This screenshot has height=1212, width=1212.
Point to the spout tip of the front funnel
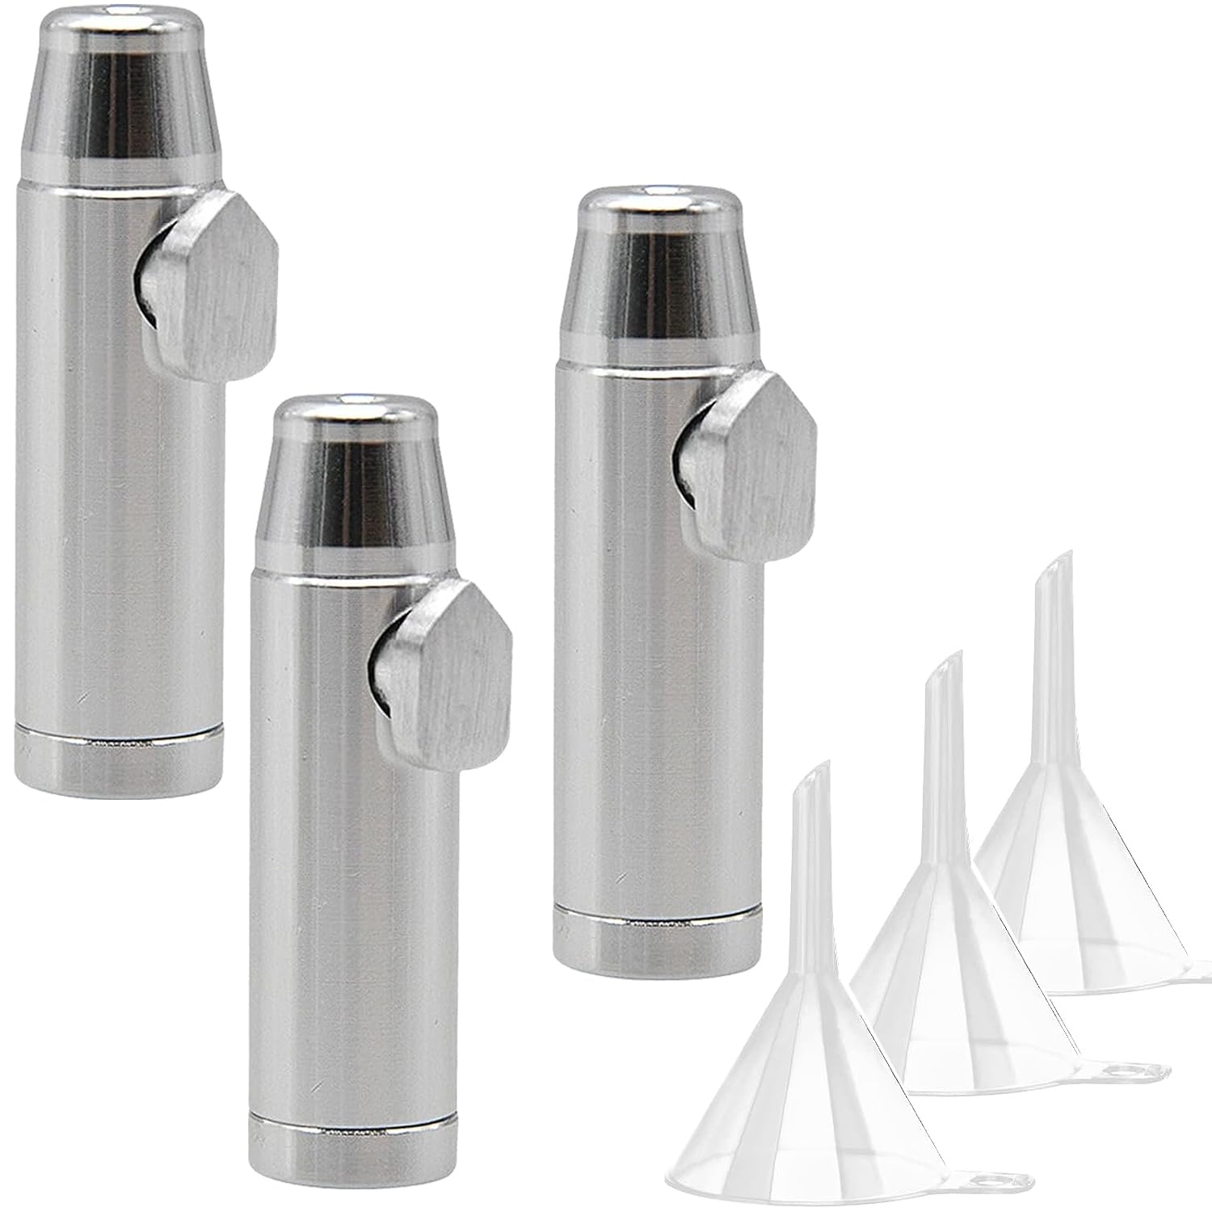pyautogui.click(x=824, y=768)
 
